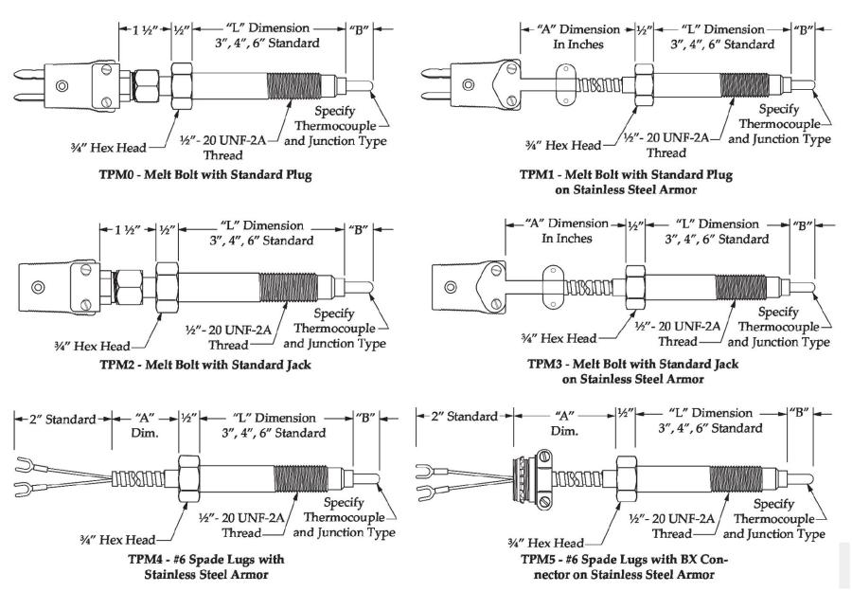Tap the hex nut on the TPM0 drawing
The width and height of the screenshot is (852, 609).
[181, 86]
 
